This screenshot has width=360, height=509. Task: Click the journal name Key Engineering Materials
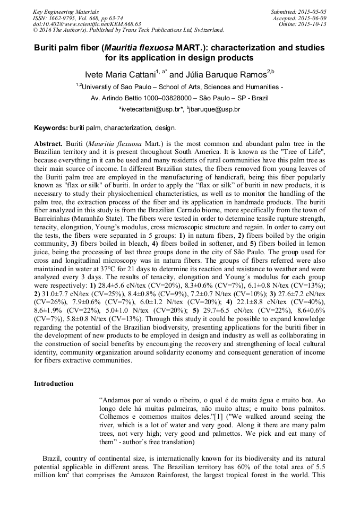65,11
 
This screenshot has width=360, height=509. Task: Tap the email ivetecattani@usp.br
151,109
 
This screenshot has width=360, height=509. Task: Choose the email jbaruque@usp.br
215,109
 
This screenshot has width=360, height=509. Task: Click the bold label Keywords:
50,128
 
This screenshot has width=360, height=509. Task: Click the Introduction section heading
54,384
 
